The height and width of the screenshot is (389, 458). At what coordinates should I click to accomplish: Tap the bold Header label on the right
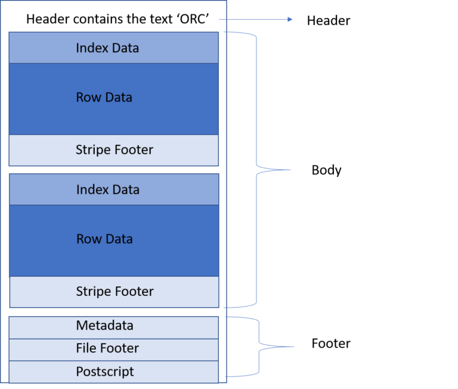click(x=328, y=21)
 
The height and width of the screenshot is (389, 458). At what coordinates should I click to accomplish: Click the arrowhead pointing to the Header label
click(x=290, y=20)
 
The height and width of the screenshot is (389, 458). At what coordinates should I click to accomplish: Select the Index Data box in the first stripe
click(x=113, y=48)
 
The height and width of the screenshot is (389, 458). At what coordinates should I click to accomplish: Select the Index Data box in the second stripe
click(x=114, y=190)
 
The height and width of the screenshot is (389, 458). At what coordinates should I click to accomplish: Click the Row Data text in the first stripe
click(x=104, y=97)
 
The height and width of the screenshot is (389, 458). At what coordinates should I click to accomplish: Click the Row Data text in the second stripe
click(x=104, y=239)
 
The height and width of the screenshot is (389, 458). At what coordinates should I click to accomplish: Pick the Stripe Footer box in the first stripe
click(x=113, y=150)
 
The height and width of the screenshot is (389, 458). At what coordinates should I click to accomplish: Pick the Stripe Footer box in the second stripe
click(x=114, y=292)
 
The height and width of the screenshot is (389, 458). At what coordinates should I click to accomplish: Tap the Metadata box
click(x=114, y=326)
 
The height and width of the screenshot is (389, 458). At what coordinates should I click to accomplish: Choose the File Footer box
click(x=114, y=348)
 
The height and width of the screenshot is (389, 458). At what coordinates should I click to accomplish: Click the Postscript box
click(x=114, y=372)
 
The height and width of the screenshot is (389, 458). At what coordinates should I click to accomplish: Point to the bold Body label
click(x=326, y=171)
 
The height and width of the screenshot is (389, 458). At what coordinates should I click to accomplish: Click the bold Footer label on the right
click(x=331, y=344)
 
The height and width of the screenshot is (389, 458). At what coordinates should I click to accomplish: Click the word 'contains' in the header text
click(x=88, y=20)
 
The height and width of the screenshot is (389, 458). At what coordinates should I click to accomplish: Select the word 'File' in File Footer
click(x=86, y=348)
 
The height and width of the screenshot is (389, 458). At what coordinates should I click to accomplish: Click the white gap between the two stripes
click(x=113, y=169)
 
